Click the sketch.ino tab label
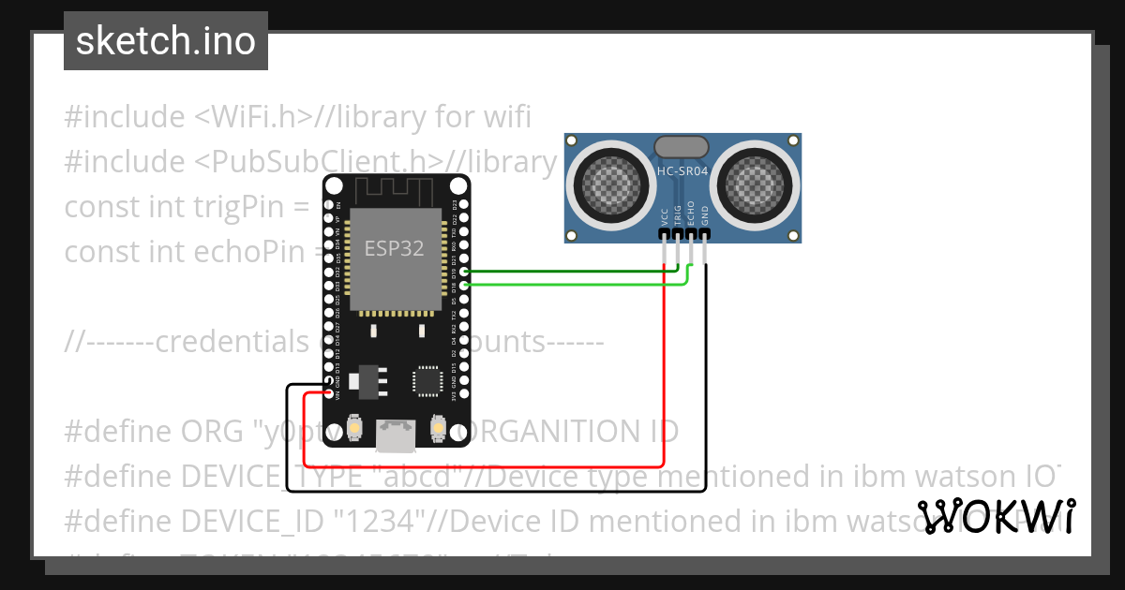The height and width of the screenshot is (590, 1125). (165, 41)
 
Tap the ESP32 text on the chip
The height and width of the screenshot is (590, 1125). (394, 249)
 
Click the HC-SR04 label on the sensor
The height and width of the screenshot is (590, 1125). (682, 171)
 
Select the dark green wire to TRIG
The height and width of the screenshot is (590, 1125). (562, 273)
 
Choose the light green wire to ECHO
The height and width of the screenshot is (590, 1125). (562, 283)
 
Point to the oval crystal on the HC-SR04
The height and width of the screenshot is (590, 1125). (682, 146)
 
